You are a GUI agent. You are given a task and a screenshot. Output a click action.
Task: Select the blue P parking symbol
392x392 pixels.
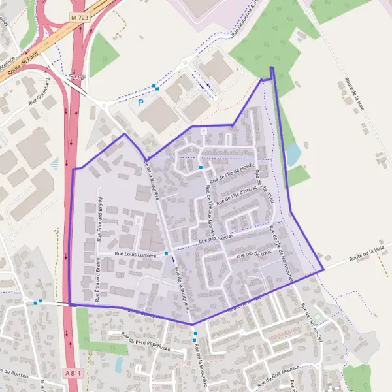pyautogui.click(x=140, y=103)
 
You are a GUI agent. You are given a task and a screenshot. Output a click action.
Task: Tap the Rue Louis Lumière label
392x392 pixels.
pyautogui.click(x=136, y=254)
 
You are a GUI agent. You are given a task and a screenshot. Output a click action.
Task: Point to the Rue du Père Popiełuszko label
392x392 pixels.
pyautogui.click(x=145, y=343)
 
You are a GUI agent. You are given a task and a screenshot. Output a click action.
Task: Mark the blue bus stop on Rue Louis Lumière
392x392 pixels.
pyautogui.click(x=167, y=253)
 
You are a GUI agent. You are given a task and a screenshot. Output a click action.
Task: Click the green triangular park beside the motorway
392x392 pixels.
pyautogui.click(x=103, y=54)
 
